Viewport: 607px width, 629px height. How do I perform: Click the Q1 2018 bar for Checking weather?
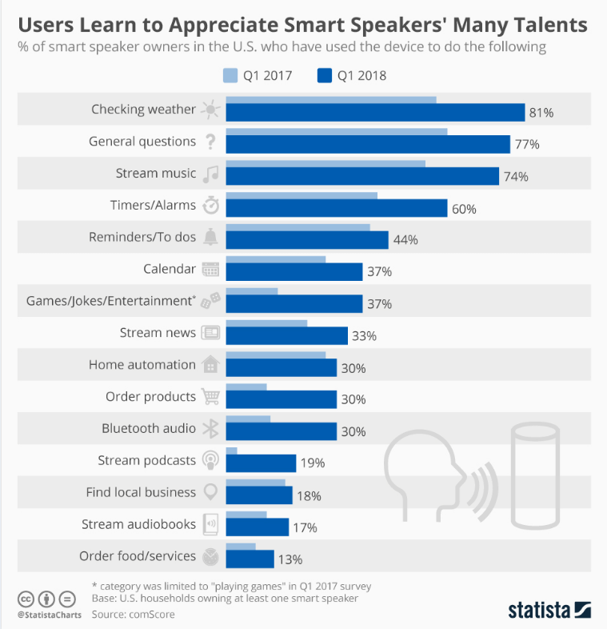click(375, 112)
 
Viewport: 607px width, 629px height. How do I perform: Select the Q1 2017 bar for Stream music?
click(325, 162)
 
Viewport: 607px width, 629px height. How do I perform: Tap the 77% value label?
click(527, 145)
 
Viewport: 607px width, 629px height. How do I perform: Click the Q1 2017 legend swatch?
click(230, 76)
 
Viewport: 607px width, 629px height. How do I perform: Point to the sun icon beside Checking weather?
click(210, 110)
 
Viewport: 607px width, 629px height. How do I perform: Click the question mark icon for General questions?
click(210, 142)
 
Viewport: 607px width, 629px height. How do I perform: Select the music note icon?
click(210, 174)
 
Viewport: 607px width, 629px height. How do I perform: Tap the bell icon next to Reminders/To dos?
click(210, 237)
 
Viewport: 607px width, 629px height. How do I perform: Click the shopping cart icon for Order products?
click(210, 397)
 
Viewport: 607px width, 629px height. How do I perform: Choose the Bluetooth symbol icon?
click(210, 429)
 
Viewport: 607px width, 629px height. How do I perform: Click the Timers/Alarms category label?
click(153, 205)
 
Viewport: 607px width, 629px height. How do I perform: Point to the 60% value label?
click(464, 209)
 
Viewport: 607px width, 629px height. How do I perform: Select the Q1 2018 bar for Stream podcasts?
click(261, 463)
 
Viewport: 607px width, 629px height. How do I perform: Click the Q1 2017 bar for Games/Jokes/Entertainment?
click(252, 290)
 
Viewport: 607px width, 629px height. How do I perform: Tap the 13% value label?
click(290, 559)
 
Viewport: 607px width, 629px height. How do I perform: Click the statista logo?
click(549, 610)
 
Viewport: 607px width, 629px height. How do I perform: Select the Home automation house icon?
click(210, 365)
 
